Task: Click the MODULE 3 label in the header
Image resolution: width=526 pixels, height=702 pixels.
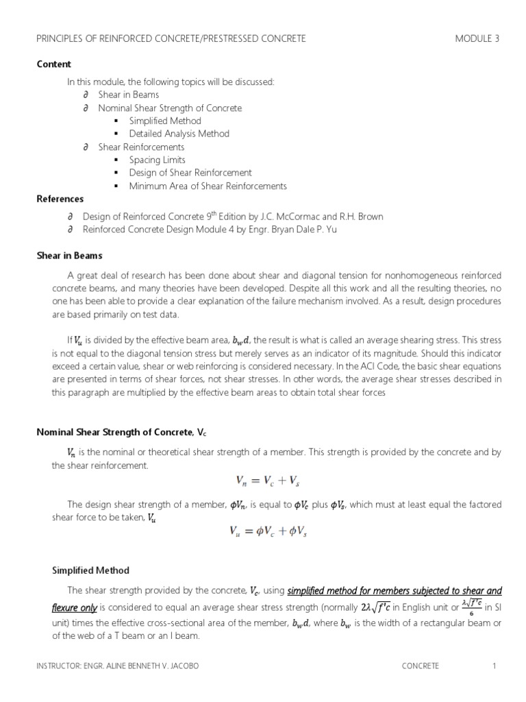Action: (x=477, y=39)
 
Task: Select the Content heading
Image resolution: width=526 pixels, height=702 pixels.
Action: (x=53, y=64)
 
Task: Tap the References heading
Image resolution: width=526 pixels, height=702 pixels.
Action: (x=60, y=199)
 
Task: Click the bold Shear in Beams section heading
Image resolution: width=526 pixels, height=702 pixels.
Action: (x=69, y=255)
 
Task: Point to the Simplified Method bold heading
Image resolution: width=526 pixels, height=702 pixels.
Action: (x=90, y=570)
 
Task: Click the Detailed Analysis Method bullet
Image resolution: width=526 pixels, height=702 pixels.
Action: (x=179, y=134)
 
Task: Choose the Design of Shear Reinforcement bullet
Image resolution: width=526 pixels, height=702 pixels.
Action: (x=190, y=173)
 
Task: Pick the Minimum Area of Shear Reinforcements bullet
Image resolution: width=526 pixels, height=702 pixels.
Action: (x=208, y=186)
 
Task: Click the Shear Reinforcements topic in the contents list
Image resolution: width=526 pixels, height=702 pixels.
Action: (x=141, y=147)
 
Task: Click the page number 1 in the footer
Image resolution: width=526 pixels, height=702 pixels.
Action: (x=493, y=666)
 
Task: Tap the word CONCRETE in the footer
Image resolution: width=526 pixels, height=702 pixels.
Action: (x=421, y=666)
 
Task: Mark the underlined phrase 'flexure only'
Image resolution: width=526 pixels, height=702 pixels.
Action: (x=75, y=607)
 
